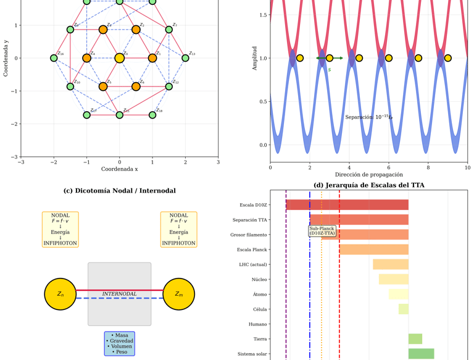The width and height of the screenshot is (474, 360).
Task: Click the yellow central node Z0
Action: click(120, 58)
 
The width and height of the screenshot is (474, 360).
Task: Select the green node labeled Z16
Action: click(54, 58)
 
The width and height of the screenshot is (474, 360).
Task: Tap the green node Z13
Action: click(185, 58)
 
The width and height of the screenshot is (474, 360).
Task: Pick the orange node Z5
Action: click(103, 86)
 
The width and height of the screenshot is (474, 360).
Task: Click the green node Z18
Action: click(152, 115)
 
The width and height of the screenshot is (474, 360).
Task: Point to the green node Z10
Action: click(70, 86)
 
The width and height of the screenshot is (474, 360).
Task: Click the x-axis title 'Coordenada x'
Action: click(119, 169)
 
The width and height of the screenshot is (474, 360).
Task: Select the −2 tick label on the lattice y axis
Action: click(15, 124)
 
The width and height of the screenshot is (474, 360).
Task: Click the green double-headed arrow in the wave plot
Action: click(329, 58)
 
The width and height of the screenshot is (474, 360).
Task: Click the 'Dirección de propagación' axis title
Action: click(368, 175)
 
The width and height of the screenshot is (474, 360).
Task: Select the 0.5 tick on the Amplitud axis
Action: click(263, 102)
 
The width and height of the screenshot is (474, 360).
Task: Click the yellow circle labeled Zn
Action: click(60, 294)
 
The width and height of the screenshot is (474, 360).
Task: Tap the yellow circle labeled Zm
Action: click(178, 294)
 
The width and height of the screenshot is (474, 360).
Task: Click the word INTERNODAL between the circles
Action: click(119, 294)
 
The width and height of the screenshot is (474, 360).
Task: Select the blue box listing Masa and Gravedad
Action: click(119, 343)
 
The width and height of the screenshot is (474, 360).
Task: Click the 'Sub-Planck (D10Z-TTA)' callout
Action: click(322, 231)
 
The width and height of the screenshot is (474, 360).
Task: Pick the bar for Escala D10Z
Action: click(347, 204)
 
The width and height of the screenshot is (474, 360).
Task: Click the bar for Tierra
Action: click(415, 339)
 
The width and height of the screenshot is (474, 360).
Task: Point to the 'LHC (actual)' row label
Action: click(253, 264)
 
